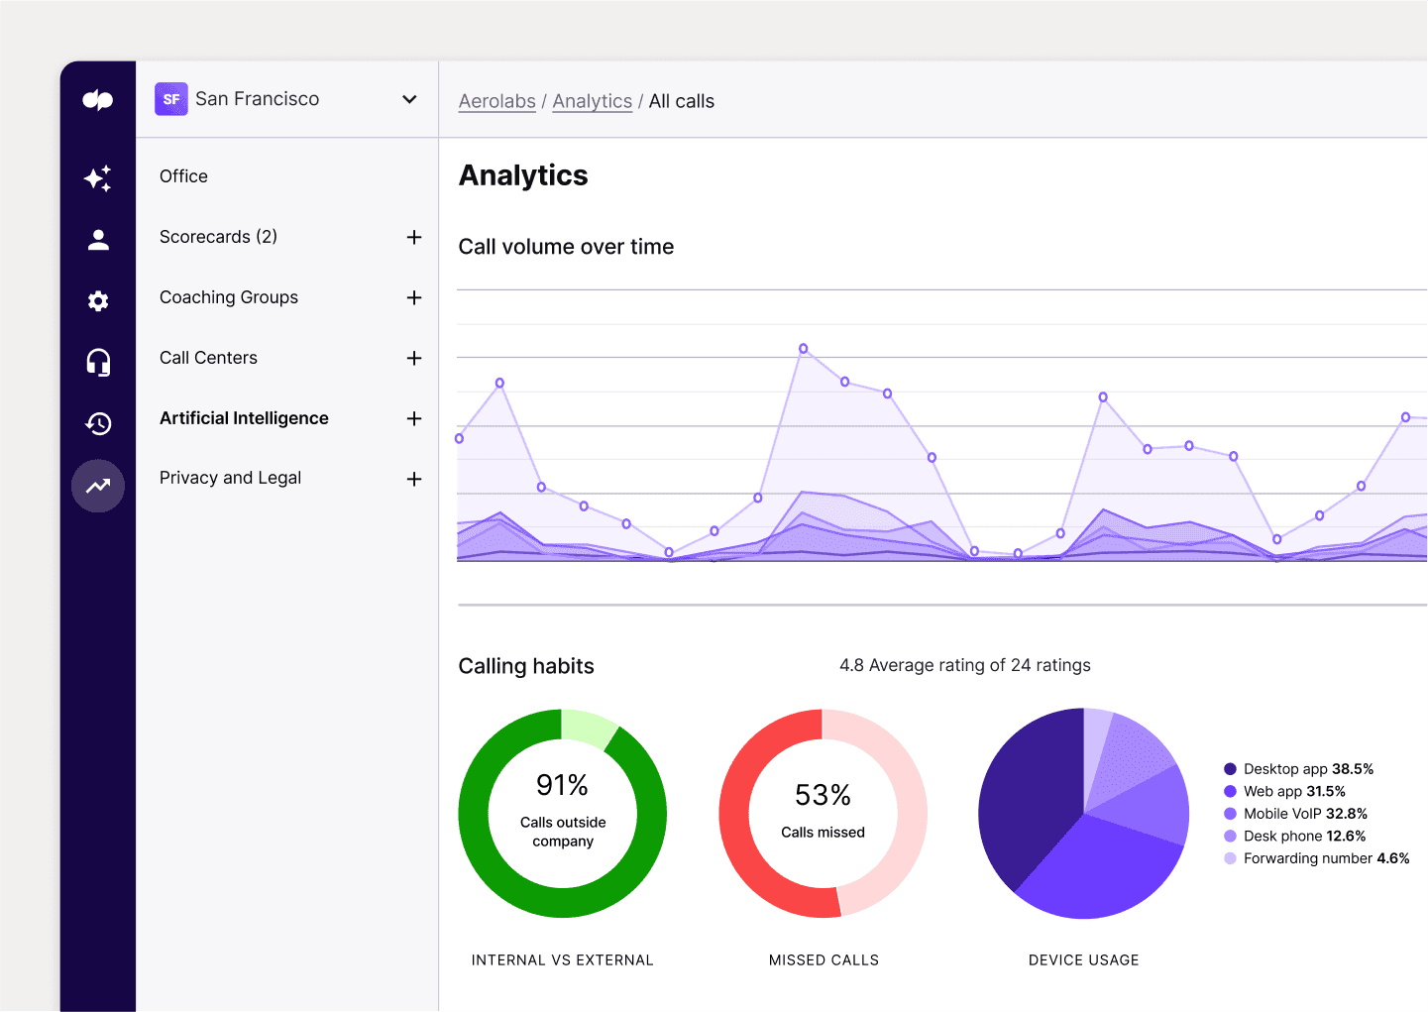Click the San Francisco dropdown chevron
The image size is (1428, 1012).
click(x=409, y=99)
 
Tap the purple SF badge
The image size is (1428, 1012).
click(x=171, y=99)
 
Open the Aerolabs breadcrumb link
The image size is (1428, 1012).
click(x=496, y=101)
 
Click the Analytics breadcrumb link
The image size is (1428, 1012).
click(x=592, y=101)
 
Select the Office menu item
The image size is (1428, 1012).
click(x=183, y=176)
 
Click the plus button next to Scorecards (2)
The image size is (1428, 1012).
click(x=414, y=237)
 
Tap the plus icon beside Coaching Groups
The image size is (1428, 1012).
click(x=414, y=297)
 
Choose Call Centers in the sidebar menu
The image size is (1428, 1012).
click(x=208, y=358)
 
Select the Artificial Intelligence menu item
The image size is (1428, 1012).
click(x=244, y=418)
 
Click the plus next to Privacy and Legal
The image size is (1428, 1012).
click(x=414, y=479)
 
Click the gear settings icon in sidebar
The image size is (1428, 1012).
click(x=98, y=301)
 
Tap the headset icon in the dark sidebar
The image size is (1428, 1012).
click(x=98, y=363)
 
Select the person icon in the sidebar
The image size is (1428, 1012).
click(x=98, y=240)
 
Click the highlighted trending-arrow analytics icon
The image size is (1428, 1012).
click(x=98, y=486)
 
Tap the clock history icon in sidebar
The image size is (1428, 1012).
click(x=98, y=424)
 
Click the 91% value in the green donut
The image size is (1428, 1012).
click(x=562, y=785)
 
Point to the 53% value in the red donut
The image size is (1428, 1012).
click(x=823, y=795)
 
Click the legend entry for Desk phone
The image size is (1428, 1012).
click(x=1303, y=836)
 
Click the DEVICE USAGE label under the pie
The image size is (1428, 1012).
click(x=1083, y=959)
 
